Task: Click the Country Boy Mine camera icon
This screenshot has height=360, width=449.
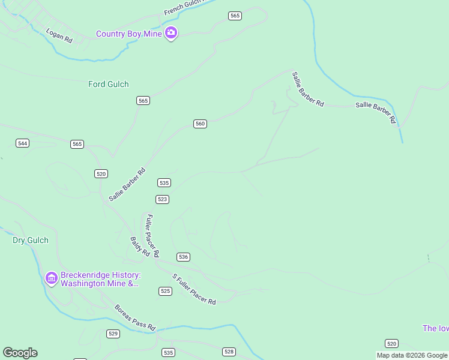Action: [171, 34]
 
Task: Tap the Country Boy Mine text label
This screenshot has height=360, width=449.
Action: [129, 34]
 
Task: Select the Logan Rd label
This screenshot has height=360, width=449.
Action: [59, 35]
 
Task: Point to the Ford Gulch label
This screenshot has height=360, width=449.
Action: [109, 84]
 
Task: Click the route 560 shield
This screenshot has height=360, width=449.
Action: [200, 124]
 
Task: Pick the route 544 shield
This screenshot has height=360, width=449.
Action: [23, 143]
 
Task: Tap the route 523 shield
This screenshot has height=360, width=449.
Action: [162, 199]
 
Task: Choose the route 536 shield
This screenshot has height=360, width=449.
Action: [184, 257]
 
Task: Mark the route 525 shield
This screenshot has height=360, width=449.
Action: [166, 291]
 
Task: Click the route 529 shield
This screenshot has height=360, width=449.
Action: [113, 333]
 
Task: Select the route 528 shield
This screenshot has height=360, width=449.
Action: [229, 352]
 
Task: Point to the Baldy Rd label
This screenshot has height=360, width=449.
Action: [140, 247]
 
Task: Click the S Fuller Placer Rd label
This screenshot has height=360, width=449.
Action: [194, 289]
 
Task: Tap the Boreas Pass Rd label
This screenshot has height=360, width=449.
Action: [135, 318]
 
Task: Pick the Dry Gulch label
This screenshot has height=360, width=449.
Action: [31, 240]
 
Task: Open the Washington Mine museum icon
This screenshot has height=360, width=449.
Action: [51, 278]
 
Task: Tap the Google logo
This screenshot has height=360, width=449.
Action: [20, 353]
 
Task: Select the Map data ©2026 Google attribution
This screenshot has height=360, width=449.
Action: [412, 355]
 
